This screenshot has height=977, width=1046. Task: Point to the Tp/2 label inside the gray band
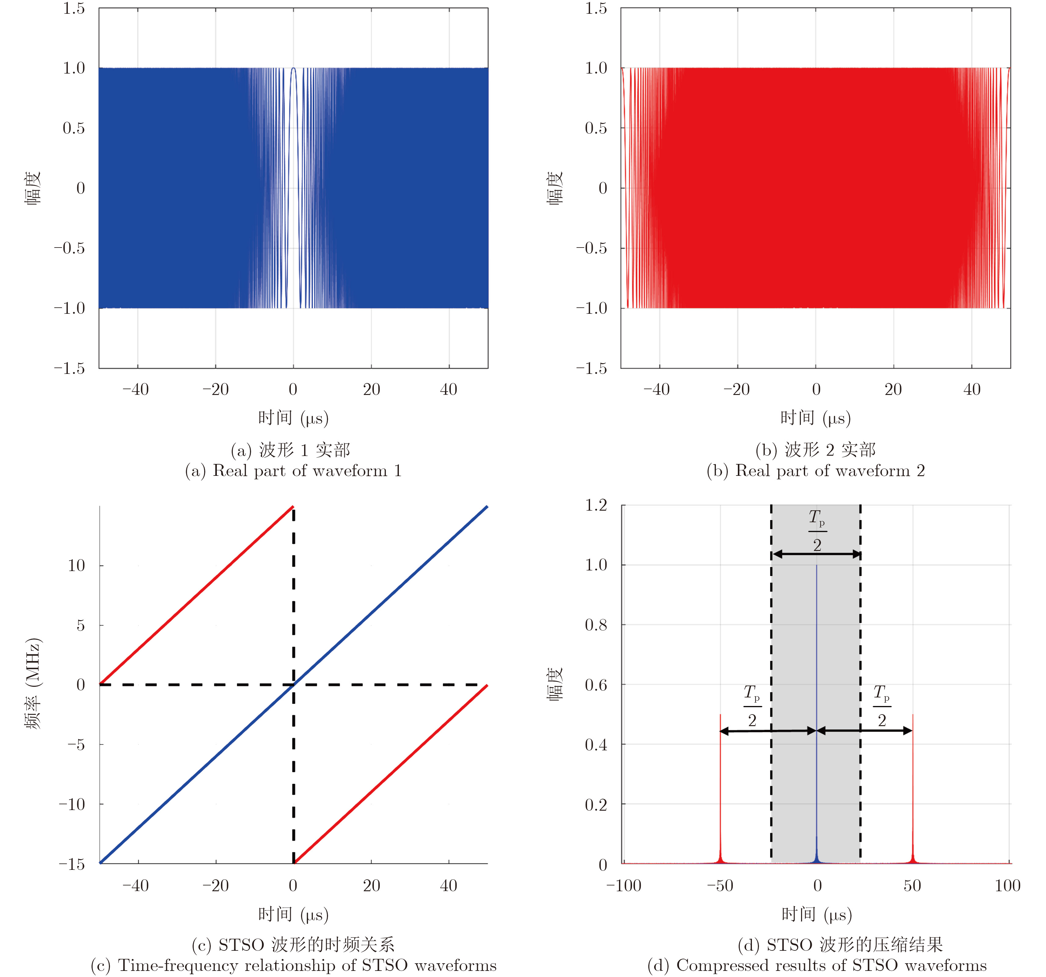tap(817, 531)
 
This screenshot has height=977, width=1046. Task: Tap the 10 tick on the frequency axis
tap(76, 566)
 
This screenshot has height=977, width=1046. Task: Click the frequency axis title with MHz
tap(33, 684)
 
